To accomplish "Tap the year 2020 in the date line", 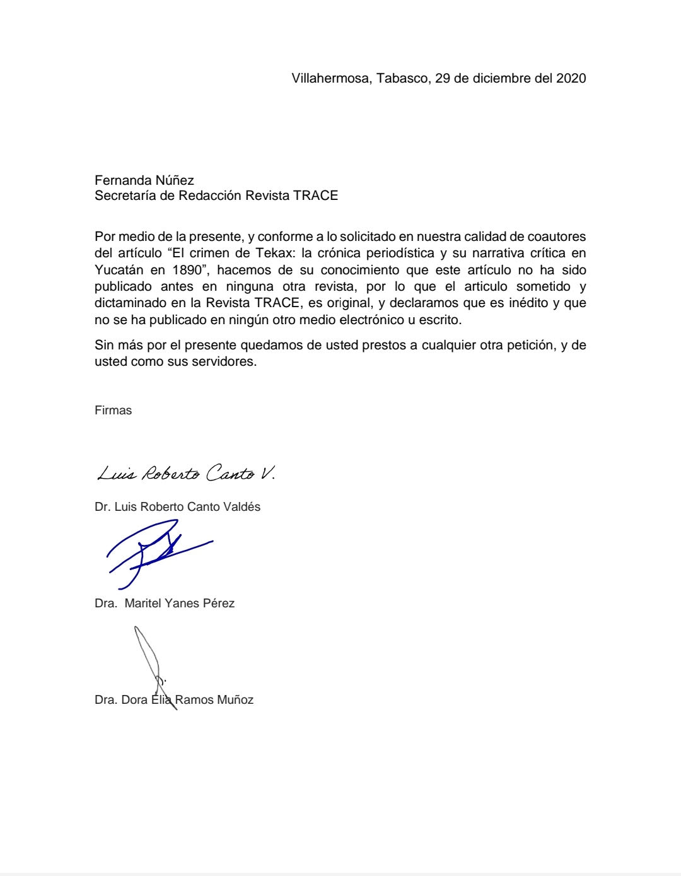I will coord(571,78).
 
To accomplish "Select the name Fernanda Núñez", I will coord(144,180).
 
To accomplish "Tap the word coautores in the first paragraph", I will coord(557,237).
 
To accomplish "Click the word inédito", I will coord(527,303).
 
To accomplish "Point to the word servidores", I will coord(225,362).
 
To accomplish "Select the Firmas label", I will coord(113,411).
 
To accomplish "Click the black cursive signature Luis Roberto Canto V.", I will coord(185,473).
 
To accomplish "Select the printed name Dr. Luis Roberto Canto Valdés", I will coord(177,507).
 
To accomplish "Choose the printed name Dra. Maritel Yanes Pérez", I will coord(165,604).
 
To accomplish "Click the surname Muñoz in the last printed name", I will coord(235,700).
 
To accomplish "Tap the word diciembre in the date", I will coord(484,78).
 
